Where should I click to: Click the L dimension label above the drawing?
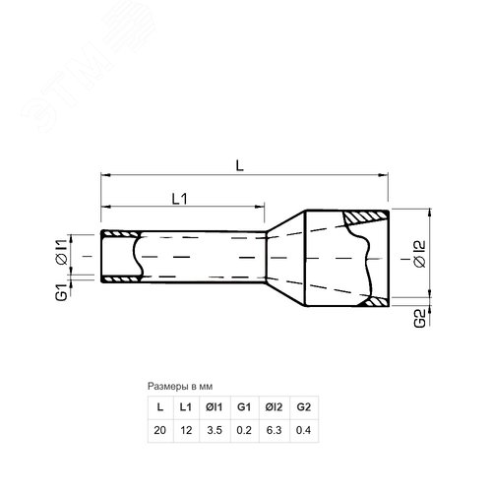(x=240, y=166)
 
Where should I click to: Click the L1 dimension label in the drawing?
(x=180, y=199)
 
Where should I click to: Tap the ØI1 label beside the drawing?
(x=62, y=252)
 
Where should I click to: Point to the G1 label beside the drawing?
(x=62, y=292)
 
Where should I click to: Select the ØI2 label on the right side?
(x=420, y=254)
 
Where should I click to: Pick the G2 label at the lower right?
(x=420, y=318)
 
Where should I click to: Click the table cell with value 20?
(x=159, y=430)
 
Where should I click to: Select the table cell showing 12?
(x=186, y=430)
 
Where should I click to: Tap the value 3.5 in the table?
(x=215, y=430)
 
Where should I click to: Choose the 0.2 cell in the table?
(x=244, y=430)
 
